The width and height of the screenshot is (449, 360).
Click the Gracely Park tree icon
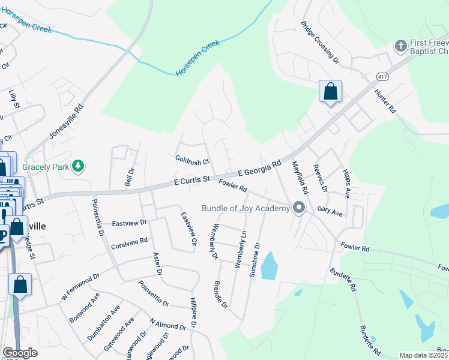pos(77,166)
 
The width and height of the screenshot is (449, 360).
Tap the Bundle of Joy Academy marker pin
pos(299,208)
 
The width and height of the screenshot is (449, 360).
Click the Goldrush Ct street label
pos(192,161)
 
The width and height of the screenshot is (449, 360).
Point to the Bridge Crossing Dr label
pos(320,44)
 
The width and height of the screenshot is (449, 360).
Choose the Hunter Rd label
pos(385,101)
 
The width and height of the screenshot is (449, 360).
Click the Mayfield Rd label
pos(300,178)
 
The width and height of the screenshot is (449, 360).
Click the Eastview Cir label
pos(189,229)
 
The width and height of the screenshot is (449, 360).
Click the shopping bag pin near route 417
pos(330,92)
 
